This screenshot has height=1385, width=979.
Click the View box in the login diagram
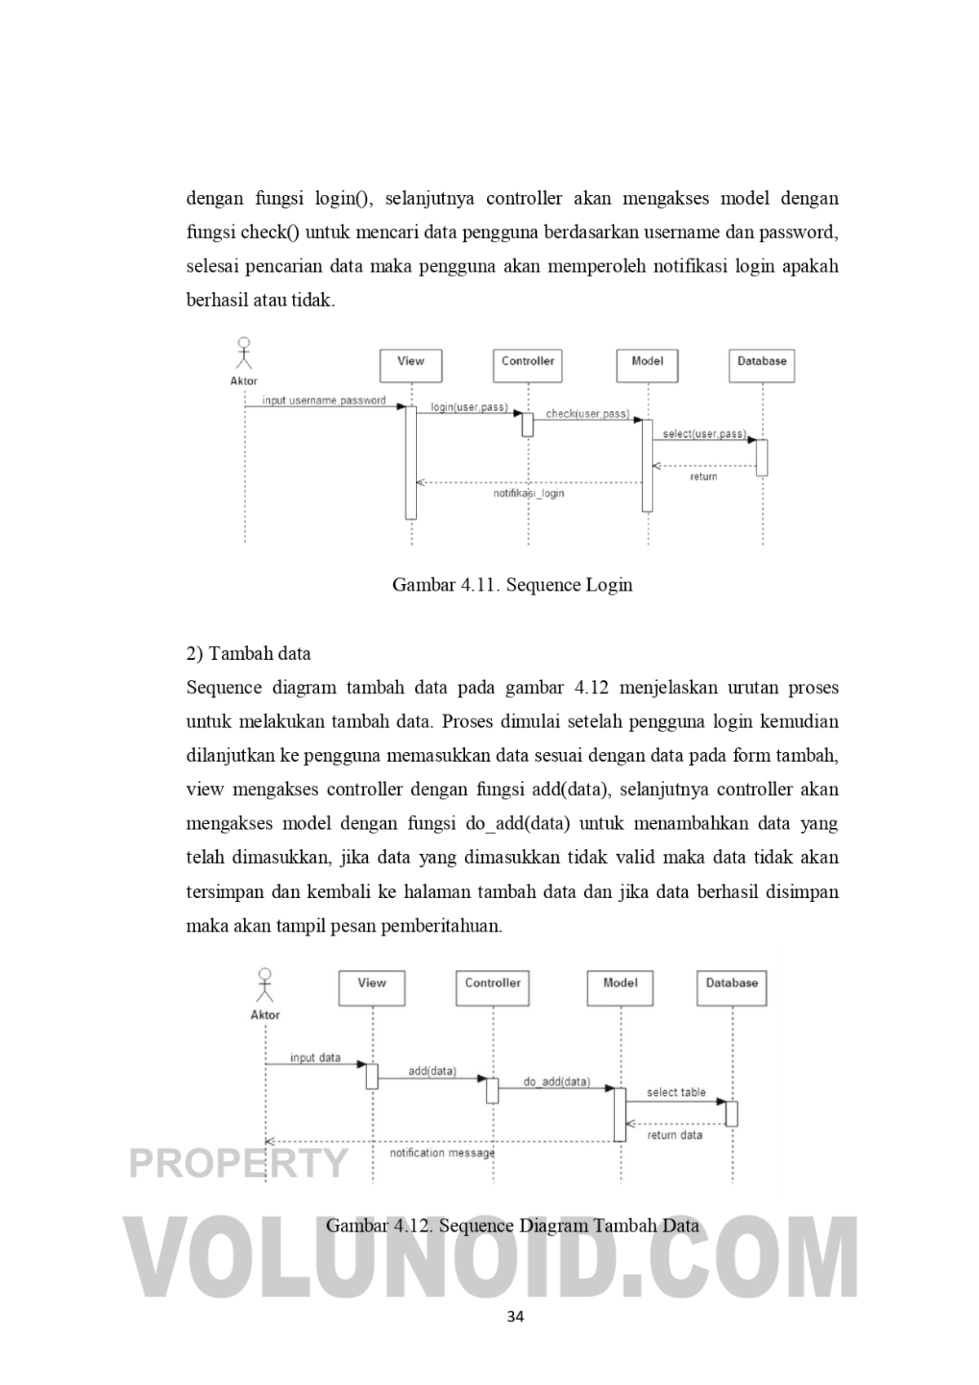tap(410, 365)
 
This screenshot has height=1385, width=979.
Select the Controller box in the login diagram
tap(527, 365)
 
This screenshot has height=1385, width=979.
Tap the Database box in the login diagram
tap(761, 365)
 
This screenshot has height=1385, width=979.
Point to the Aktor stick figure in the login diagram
tap(243, 353)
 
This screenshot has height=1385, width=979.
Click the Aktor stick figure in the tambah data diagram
tap(265, 985)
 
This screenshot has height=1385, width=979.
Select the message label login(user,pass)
tap(469, 407)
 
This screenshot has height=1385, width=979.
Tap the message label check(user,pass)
tap(587, 414)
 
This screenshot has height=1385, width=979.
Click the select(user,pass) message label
tap(704, 434)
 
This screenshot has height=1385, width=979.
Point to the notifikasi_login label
tap(529, 493)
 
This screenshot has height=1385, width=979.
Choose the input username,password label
tap(324, 400)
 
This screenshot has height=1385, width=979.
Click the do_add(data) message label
tap(556, 1082)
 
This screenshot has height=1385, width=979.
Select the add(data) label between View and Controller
tap(432, 1071)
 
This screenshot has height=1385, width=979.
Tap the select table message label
tap(676, 1092)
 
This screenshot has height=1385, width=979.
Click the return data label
tap(675, 1135)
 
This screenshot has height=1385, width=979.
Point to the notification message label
tap(442, 1153)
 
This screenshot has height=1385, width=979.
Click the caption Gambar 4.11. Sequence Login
tap(512, 585)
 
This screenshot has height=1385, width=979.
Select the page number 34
tap(515, 1316)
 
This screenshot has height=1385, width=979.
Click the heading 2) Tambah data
tap(249, 653)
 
